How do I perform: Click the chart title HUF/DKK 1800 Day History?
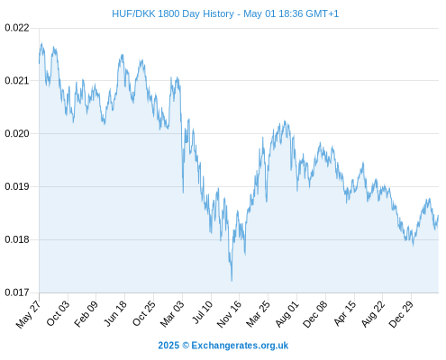coord(173,13)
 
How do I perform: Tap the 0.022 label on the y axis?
coord(17,28)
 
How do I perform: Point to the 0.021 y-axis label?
coord(17,80)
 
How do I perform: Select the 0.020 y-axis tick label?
coord(17,133)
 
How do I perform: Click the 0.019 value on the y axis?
coord(17,186)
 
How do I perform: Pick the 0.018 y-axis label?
coord(17,239)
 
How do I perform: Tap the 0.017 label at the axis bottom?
coord(17,292)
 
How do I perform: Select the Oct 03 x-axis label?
coord(58,313)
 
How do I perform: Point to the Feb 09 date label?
coord(86,313)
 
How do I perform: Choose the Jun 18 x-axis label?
coord(115,313)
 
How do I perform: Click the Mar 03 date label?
coord(172,313)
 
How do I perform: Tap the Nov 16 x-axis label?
coord(229,314)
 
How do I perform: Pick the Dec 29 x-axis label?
coord(401,314)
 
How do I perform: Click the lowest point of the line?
coord(232,281)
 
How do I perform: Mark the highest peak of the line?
coord(41,43)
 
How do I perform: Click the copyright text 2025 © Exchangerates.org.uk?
coord(223,346)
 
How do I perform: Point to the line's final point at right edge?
coord(438,215)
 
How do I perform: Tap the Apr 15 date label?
coord(344,313)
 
